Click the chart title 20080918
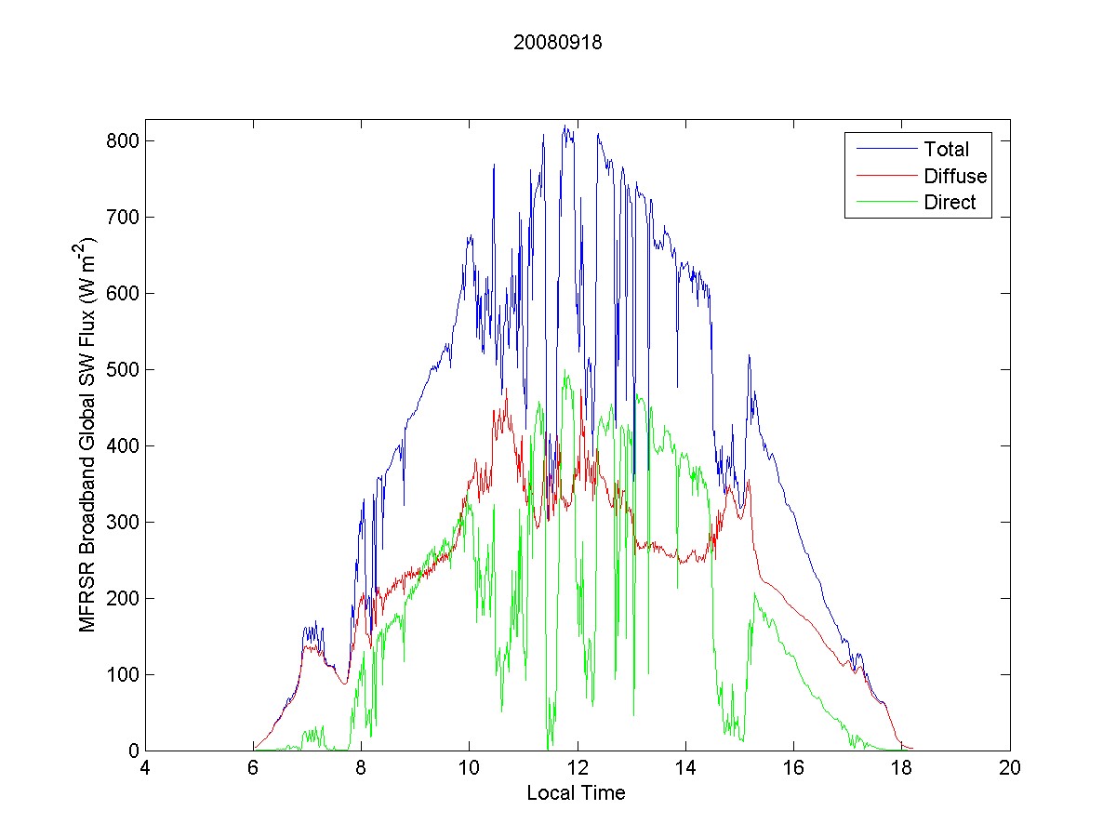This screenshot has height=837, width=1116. tap(558, 42)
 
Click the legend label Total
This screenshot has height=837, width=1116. tap(946, 149)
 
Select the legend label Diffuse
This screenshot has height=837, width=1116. tap(955, 176)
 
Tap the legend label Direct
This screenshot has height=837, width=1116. tap(950, 203)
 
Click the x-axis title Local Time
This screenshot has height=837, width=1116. tap(576, 793)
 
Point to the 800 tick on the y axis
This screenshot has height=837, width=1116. tap(122, 141)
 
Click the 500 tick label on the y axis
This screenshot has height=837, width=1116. tap(122, 370)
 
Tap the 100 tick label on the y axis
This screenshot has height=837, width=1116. tap(122, 674)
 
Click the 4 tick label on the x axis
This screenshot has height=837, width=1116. tap(145, 769)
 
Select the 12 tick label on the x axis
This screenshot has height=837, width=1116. tap(578, 769)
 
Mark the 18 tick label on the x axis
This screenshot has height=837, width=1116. tap(901, 769)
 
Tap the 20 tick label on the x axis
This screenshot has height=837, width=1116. tap(1009, 769)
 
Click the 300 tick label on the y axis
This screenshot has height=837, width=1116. tap(122, 523)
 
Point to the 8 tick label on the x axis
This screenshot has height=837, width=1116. tap(362, 769)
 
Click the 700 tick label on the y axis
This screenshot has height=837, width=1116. tap(122, 218)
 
